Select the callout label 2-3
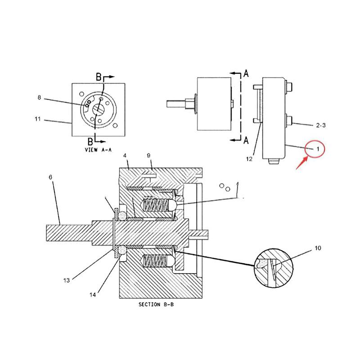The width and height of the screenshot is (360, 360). point(320,126)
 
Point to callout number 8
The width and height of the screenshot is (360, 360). point(39,97)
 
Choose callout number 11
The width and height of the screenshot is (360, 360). point(38,119)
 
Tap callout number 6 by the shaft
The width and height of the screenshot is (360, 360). point(50,178)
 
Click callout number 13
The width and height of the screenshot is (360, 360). point(67,280)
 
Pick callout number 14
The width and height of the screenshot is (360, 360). point(93,295)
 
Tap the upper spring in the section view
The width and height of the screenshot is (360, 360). point(155,206)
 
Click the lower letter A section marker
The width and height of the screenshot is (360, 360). point(246,141)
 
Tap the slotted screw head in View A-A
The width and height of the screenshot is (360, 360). point(99,109)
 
